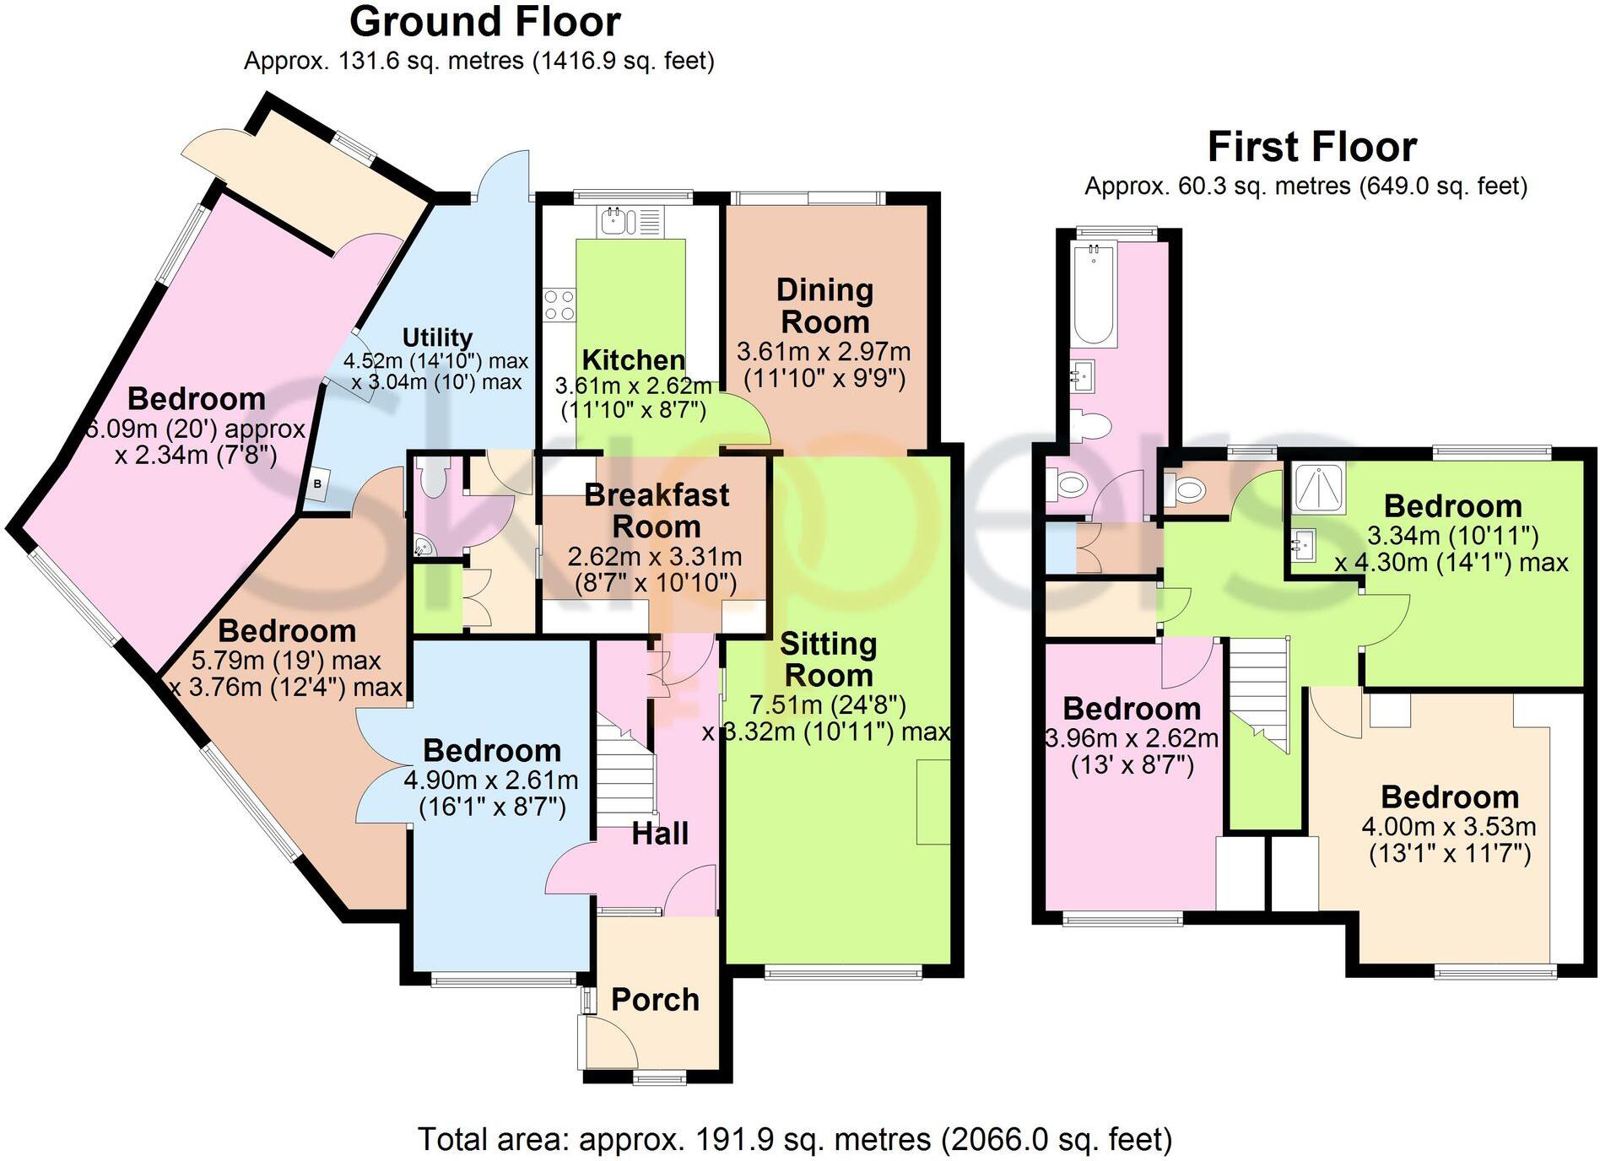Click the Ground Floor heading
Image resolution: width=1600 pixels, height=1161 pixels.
[485, 22]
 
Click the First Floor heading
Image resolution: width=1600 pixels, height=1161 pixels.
[1311, 147]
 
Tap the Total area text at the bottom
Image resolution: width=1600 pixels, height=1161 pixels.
[795, 1139]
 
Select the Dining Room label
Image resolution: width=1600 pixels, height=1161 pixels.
[824, 305]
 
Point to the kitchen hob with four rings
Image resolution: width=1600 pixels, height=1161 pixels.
[559, 305]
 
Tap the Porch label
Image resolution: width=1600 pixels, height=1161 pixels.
[655, 1000]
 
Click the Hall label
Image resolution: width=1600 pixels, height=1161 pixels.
[660, 834]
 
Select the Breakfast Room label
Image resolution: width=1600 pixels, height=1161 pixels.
[656, 510]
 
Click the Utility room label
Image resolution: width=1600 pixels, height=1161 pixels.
[437, 337]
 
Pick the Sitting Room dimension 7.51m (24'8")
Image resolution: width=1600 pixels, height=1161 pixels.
[827, 705]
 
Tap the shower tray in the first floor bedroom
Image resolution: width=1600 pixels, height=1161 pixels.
[1319, 487]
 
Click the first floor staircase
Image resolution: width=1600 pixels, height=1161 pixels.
[1257, 692]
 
